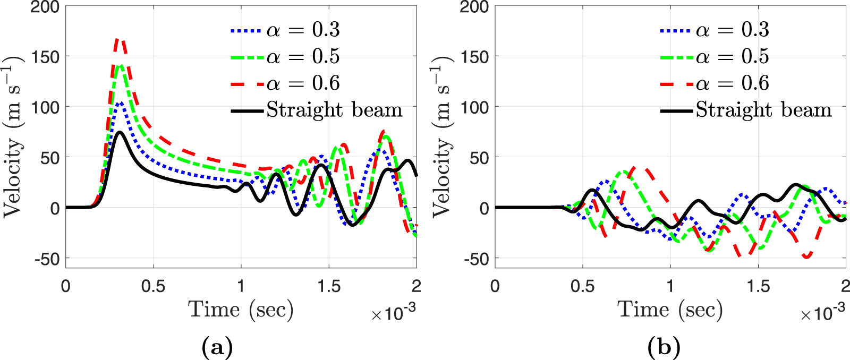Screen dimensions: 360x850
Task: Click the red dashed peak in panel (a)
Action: pyautogui.click(x=120, y=40)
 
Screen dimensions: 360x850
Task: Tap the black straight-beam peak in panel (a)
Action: pyautogui.click(x=120, y=132)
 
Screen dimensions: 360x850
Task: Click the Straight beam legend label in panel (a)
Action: pyautogui.click(x=334, y=110)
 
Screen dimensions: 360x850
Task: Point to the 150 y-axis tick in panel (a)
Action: pyautogui.click(x=45, y=56)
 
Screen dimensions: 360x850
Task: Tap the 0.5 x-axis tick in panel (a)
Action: pyautogui.click(x=154, y=286)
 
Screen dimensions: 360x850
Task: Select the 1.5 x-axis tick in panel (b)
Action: pyautogui.click(x=758, y=286)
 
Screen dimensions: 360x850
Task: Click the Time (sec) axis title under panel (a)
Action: pyautogui.click(x=241, y=309)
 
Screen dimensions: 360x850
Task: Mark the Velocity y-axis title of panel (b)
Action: pyautogui.click(x=442, y=137)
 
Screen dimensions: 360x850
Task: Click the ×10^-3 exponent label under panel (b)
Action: pyautogui.click(x=822, y=313)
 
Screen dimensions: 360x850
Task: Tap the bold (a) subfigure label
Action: pyautogui.click(x=217, y=348)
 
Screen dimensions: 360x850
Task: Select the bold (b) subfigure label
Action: pyautogui.click(x=664, y=348)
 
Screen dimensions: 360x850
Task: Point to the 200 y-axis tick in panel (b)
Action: pyautogui.click(x=474, y=7)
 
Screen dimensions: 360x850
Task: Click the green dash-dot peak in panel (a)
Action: pyautogui.click(x=121, y=66)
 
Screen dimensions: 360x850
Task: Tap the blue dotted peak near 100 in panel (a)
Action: pyautogui.click(x=121, y=104)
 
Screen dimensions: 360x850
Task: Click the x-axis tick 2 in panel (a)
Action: pyautogui.click(x=416, y=286)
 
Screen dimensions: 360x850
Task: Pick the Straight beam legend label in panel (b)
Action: pyautogui.click(x=763, y=110)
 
